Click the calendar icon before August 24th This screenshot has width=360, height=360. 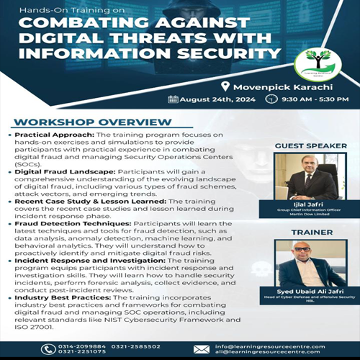172,99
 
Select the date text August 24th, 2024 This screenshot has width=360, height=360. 206,99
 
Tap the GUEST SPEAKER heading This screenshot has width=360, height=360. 311,145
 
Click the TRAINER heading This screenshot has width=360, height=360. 311,233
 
